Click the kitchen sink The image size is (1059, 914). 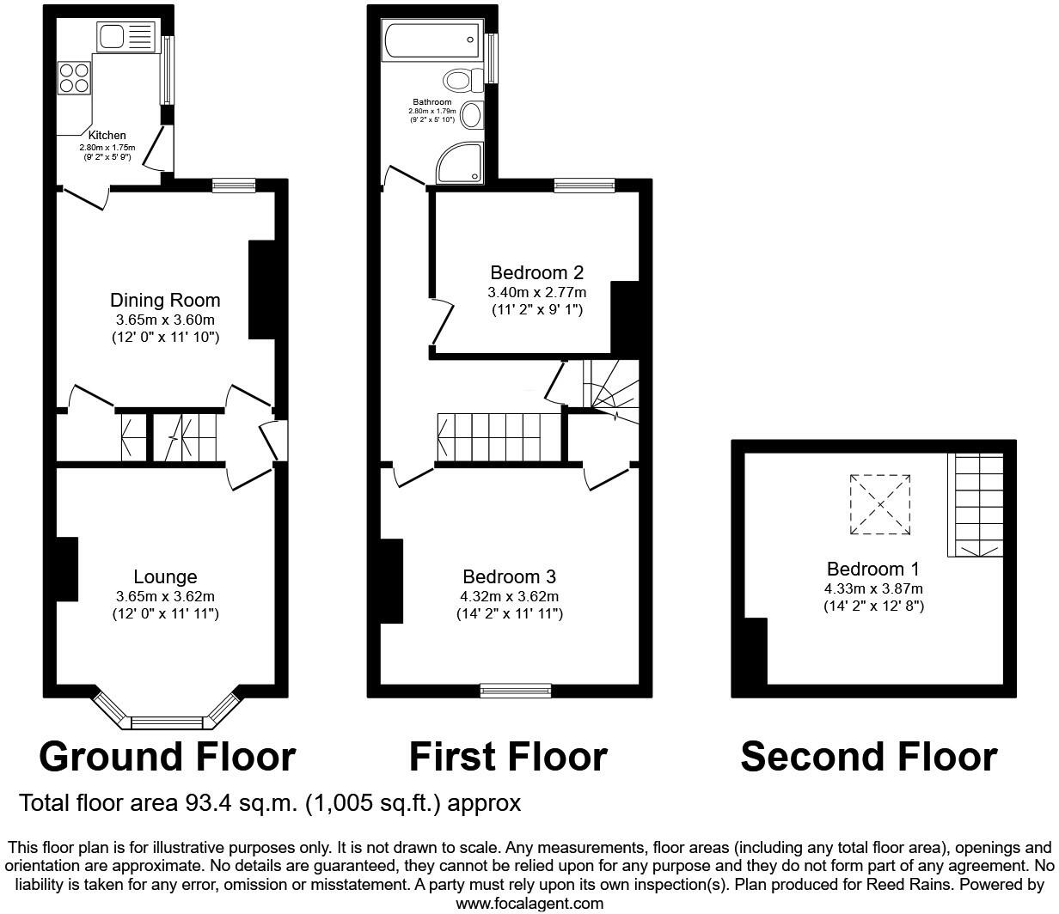125,36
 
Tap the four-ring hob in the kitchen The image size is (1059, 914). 75,78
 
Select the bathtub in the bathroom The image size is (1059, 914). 432,40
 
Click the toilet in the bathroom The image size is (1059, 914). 463,81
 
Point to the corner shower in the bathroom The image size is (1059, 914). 460,162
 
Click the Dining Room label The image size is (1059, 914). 165,300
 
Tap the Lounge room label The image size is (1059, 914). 165,576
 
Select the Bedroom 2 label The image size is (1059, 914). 536,272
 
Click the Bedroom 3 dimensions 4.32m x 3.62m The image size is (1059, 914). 509,596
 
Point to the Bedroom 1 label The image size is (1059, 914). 873,569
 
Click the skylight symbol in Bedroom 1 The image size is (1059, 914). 880,505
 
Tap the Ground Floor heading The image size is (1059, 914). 168,757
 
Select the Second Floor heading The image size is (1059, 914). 869,757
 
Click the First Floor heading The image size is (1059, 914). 508,757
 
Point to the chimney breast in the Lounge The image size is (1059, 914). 67,569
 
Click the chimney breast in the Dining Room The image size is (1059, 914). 262,289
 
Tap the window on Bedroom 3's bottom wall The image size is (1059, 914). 516,691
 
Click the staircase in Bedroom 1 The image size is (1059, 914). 975,505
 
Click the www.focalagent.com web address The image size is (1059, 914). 529,903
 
